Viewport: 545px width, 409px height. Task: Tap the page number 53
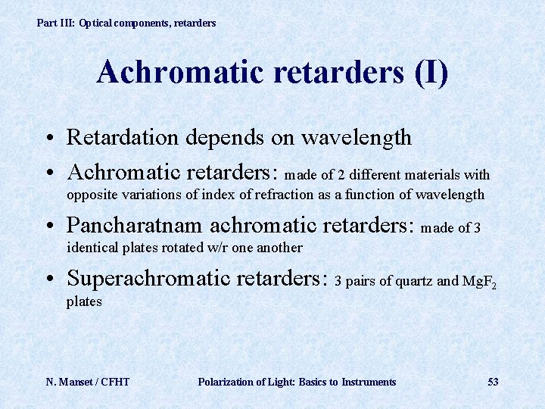[x=493, y=382]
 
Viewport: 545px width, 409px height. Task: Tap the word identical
[x=92, y=248]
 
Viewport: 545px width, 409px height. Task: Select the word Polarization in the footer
[x=226, y=382]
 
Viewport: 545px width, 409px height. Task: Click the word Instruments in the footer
[x=369, y=382]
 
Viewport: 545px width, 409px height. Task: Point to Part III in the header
[x=55, y=23]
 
